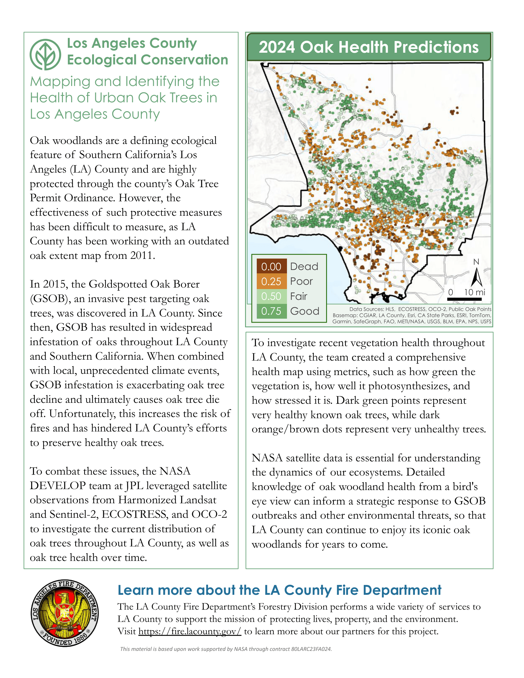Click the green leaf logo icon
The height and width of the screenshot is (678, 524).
coord(45,54)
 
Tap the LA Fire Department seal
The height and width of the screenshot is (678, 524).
coord(64,613)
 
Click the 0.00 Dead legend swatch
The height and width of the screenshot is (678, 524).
coord(271,266)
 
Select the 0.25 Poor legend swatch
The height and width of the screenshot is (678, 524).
coord(271,281)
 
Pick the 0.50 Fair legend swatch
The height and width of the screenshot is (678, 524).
coord(271,296)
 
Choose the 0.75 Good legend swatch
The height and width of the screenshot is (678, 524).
coord(271,311)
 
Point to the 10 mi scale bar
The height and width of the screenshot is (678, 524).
coord(464,299)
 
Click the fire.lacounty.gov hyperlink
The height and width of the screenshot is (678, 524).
coord(190,631)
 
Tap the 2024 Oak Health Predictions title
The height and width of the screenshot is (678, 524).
coord(368,47)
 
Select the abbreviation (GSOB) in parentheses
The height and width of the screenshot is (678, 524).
coord(49,299)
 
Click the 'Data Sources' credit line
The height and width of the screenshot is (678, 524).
coord(420,309)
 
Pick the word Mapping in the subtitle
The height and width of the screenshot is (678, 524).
coord(60,82)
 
